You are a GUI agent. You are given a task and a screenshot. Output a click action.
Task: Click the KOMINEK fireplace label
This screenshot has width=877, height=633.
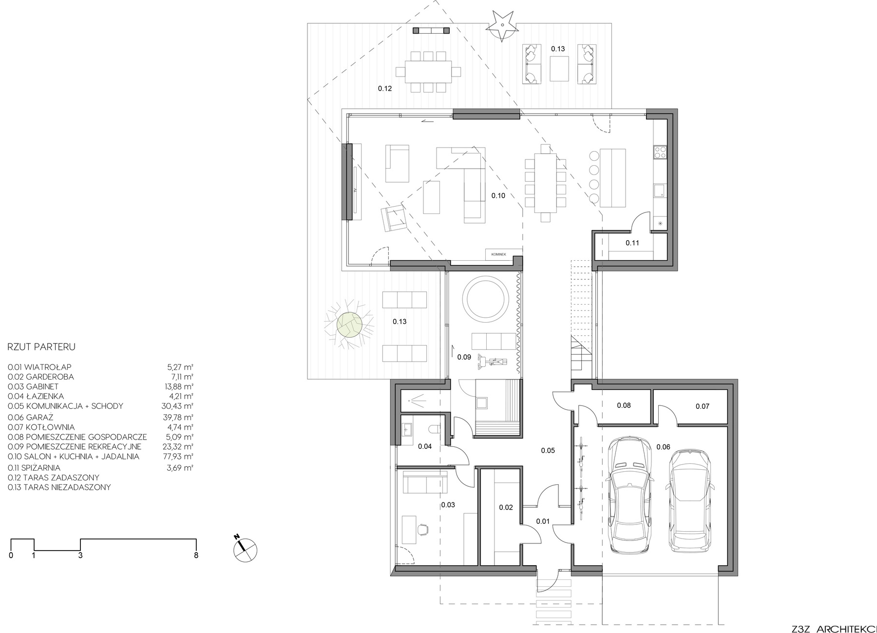point(499,254)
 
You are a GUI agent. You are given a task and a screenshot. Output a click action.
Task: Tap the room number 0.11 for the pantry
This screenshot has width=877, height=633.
point(632,243)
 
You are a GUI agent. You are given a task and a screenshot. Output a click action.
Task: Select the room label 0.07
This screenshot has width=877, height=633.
point(702,406)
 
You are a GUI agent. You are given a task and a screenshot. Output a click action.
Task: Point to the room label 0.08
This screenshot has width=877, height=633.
point(624,405)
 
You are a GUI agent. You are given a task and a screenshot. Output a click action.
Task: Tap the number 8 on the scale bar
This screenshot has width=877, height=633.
point(196,555)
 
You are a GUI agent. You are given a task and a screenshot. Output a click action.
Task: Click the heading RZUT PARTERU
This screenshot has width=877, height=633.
point(41,347)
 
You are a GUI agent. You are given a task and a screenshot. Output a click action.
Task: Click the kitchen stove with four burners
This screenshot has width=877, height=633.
point(660,153)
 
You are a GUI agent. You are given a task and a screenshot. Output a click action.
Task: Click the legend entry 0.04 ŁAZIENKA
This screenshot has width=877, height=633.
point(36,396)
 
